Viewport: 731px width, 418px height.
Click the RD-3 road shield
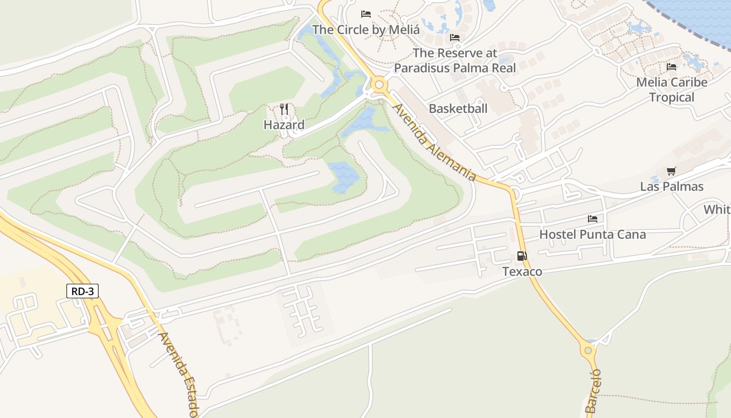[82, 291]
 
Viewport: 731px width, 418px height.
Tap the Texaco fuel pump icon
[522, 256]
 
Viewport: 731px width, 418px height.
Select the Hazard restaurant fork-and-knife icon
[284, 109]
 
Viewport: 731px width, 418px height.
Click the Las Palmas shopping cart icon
[671, 171]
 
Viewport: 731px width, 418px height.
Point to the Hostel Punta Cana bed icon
[593, 219]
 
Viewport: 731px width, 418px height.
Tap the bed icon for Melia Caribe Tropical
[671, 67]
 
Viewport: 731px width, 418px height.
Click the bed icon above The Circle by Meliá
[366, 14]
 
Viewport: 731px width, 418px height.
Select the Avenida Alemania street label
[434, 142]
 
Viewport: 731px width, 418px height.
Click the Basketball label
[458, 109]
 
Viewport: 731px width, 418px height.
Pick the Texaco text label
[522, 272]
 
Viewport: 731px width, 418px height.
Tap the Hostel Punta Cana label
[593, 235]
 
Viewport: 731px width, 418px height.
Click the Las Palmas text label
[671, 187]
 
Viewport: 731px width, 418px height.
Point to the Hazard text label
[284, 125]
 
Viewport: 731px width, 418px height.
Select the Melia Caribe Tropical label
[671, 90]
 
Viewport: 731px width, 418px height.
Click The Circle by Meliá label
[366, 30]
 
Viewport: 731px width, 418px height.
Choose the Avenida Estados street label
[179, 374]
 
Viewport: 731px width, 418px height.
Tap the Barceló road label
[594, 391]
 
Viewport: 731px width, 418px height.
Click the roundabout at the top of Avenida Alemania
[379, 84]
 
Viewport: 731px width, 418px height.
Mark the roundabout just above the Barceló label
[588, 350]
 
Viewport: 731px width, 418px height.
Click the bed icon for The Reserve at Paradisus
[455, 38]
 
